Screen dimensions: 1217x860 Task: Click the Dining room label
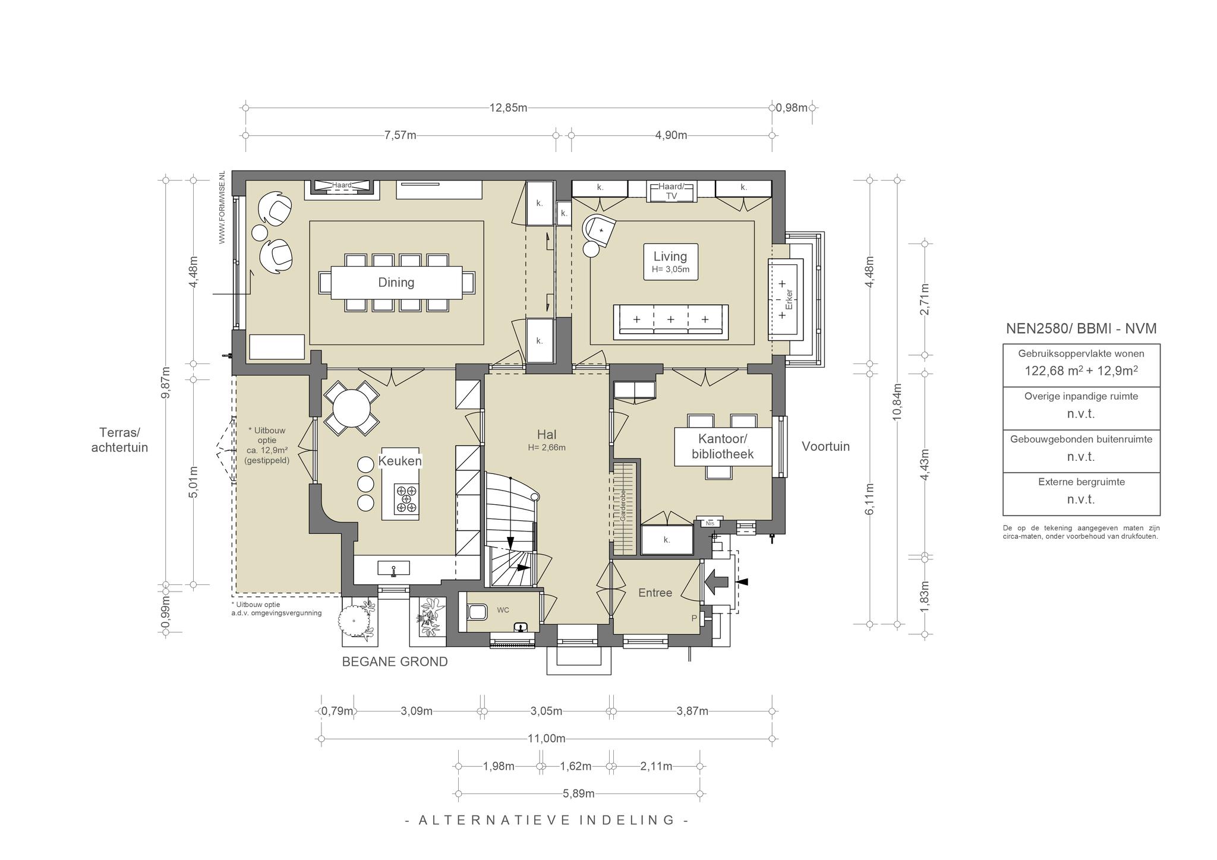396,283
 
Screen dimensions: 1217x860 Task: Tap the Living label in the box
670,257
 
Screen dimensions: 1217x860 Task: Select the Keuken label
400,461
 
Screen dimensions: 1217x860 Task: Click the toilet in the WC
477,611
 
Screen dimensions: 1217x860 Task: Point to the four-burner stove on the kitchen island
407,499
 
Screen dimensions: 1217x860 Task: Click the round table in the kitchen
351,408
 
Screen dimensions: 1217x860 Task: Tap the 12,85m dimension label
508,108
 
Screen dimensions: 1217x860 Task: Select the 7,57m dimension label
400,135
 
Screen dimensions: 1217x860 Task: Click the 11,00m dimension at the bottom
547,739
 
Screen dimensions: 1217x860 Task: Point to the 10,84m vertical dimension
897,402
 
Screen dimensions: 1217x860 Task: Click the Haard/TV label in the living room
671,191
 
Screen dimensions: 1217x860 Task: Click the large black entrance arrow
717,583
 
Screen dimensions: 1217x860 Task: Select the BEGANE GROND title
395,662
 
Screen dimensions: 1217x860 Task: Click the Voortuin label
826,447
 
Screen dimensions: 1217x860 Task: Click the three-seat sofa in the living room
671,321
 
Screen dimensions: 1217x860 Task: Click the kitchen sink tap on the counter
393,570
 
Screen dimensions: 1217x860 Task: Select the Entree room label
655,593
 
